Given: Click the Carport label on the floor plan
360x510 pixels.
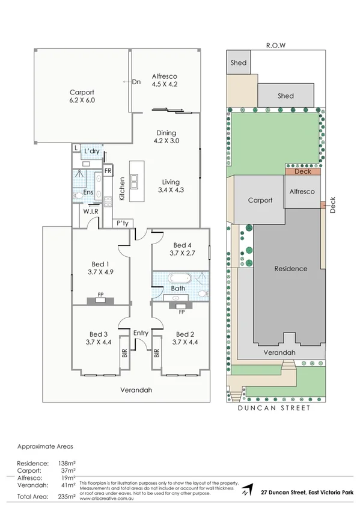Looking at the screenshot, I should pyautogui.click(x=82, y=92).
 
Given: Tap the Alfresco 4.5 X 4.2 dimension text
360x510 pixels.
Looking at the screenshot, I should pyautogui.click(x=164, y=84).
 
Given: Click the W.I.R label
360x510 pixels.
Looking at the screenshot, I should pyautogui.click(x=91, y=211).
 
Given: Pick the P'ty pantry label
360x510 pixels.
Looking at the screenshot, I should pyautogui.click(x=123, y=223).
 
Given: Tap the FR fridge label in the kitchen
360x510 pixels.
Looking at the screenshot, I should pyautogui.click(x=108, y=171).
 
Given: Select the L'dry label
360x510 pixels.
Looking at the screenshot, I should pyautogui.click(x=91, y=150).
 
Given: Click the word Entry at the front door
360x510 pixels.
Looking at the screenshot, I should pyautogui.click(x=141, y=333).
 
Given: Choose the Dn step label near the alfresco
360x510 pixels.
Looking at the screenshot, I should pyautogui.click(x=136, y=82).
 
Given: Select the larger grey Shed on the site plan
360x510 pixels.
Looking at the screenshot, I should pyautogui.click(x=285, y=95).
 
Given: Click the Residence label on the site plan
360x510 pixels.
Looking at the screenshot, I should pyautogui.click(x=290, y=269).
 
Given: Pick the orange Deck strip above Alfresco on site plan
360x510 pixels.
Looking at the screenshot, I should pyautogui.click(x=303, y=171).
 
